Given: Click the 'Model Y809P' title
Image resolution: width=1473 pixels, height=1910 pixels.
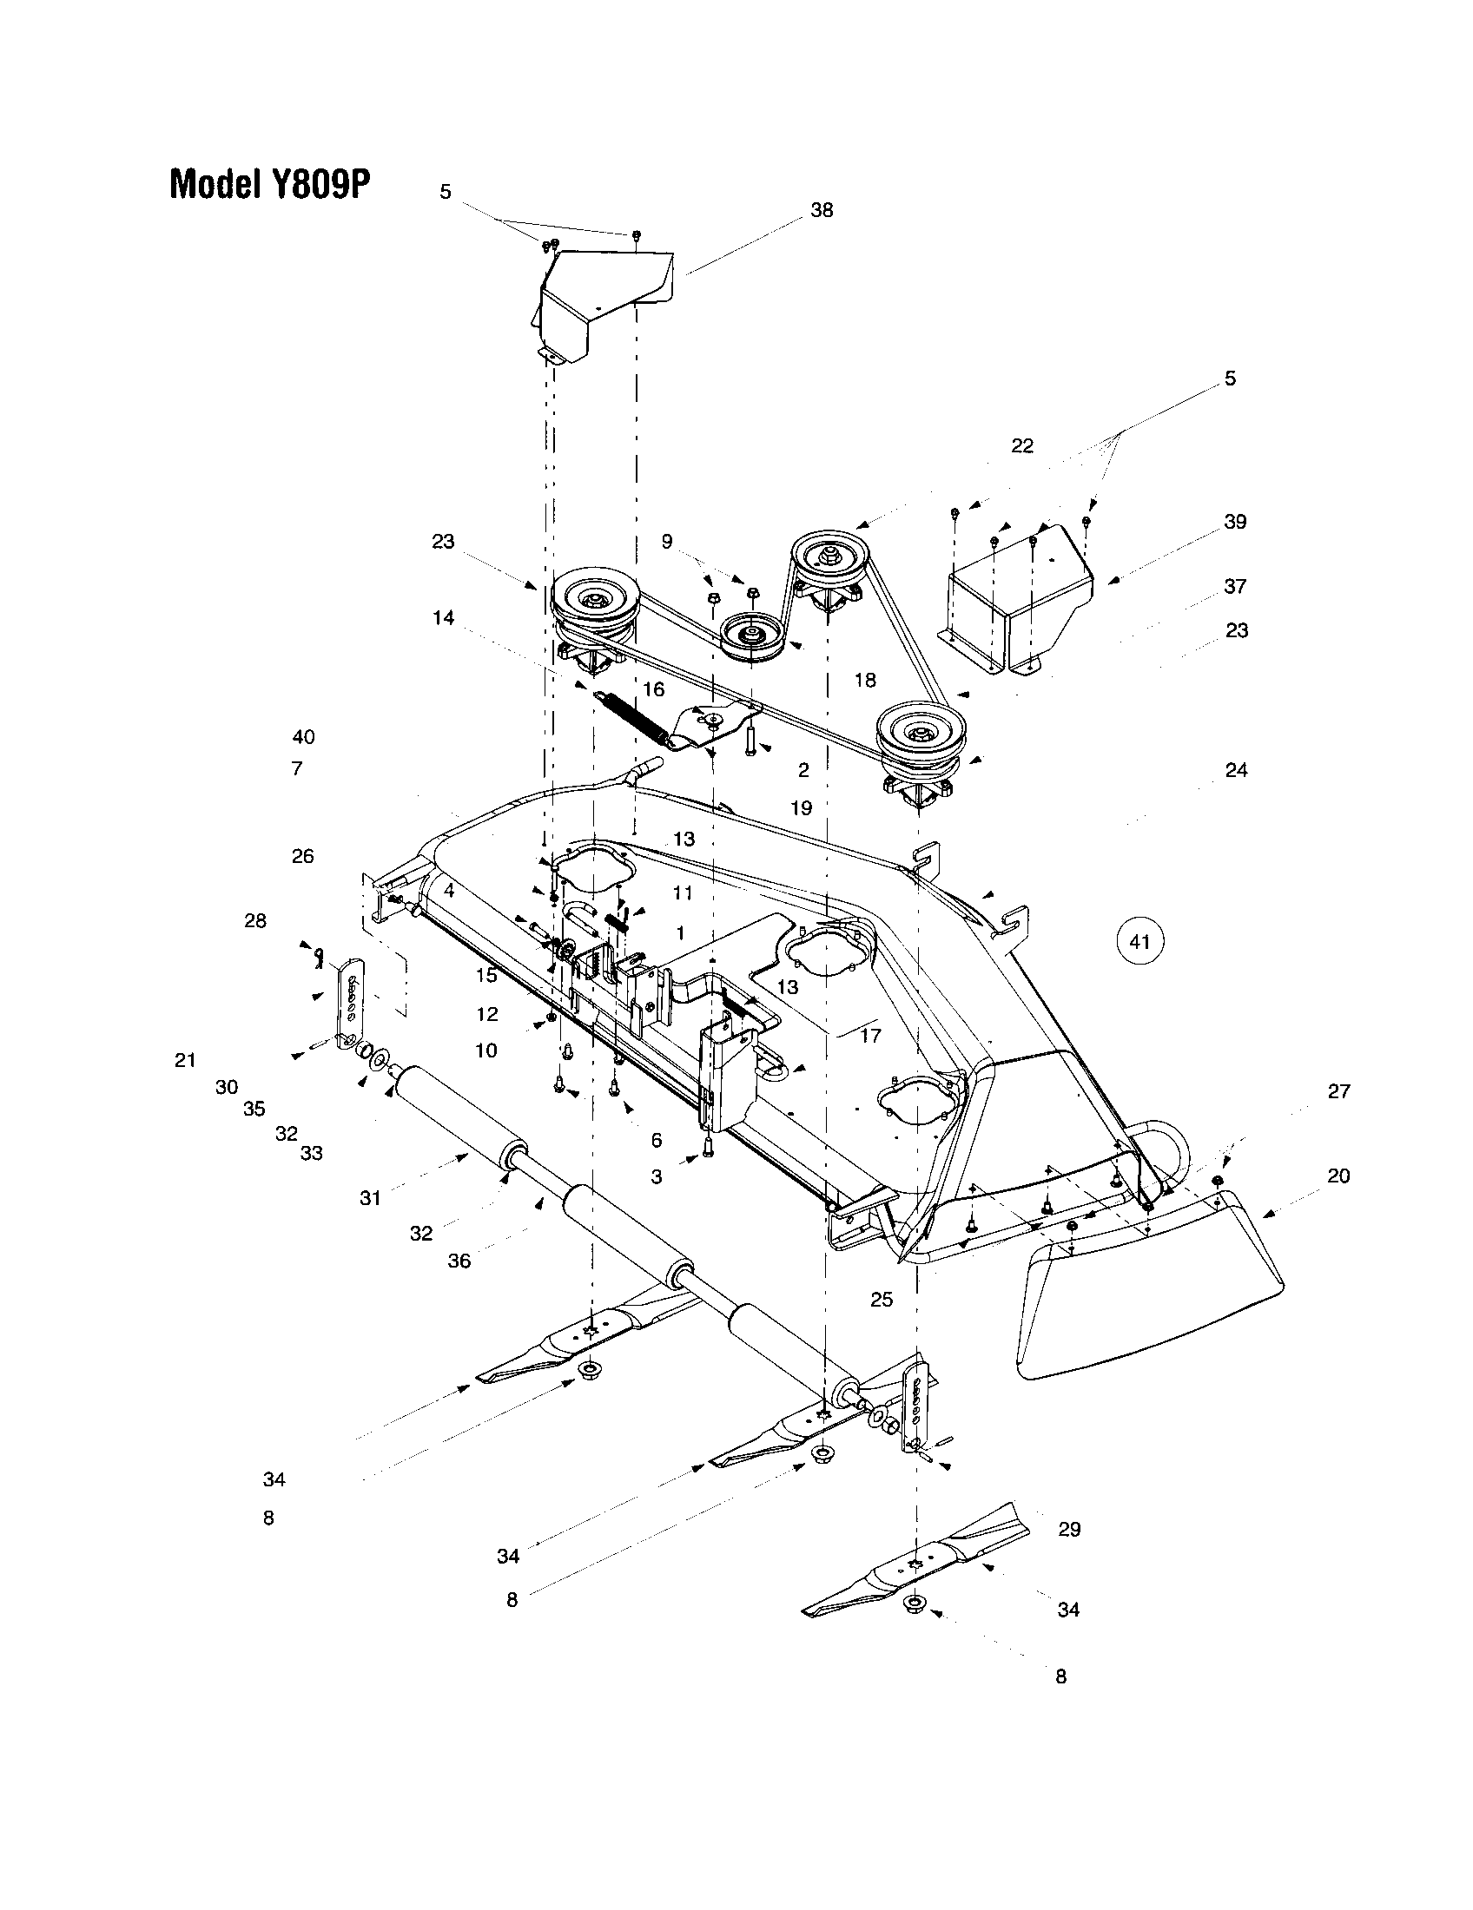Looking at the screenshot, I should click(270, 184).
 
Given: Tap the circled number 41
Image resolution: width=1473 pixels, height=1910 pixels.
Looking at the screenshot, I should click(1139, 942).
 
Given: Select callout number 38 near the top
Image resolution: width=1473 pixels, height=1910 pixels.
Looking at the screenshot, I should click(822, 210).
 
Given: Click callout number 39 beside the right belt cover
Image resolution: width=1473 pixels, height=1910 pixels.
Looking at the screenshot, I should click(1235, 521).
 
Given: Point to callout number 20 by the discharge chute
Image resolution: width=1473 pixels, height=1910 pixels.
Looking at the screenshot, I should click(1338, 1176).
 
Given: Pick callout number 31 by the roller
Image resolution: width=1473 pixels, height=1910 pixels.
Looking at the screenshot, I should click(370, 1198).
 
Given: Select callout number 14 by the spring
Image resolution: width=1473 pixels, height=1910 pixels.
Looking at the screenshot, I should click(443, 617).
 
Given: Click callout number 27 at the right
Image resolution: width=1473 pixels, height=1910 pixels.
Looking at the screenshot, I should click(1338, 1090).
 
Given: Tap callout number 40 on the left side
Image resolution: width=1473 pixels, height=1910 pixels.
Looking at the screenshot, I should click(303, 736).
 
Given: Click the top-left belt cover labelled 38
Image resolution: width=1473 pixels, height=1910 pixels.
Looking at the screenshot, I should click(604, 302).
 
